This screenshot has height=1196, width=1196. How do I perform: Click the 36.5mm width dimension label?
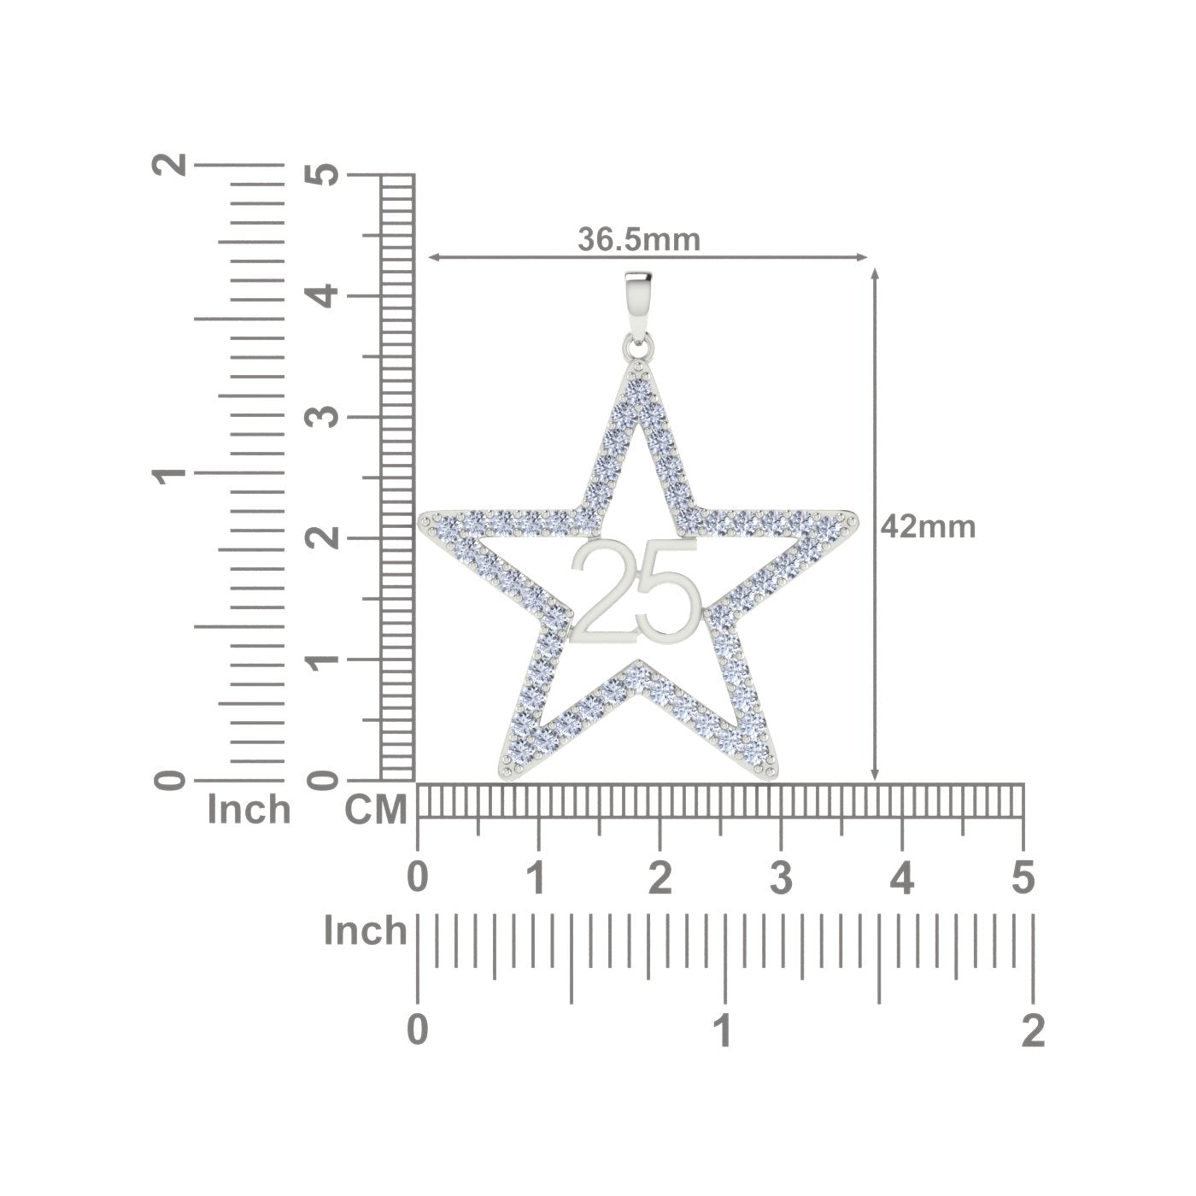[x=639, y=239]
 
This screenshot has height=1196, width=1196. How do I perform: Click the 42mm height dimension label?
[x=928, y=527]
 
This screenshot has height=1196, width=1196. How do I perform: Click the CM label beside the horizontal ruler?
[x=376, y=809]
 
